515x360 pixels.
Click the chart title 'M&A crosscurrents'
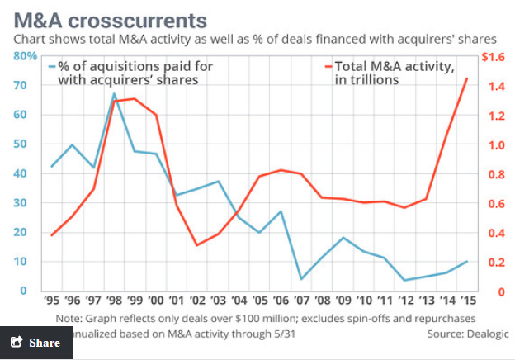pyautogui.click(x=111, y=21)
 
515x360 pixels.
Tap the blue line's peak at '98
pyautogui.click(x=114, y=93)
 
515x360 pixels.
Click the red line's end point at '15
pyautogui.click(x=467, y=78)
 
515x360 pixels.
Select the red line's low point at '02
pyautogui.click(x=197, y=245)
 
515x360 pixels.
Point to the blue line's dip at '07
pyautogui.click(x=301, y=279)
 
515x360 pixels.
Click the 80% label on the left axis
pyautogui.click(x=25, y=56)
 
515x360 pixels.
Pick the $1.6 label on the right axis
pyautogui.click(x=493, y=57)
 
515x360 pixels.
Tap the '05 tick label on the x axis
pyautogui.click(x=260, y=301)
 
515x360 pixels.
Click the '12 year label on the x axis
pyautogui.click(x=406, y=301)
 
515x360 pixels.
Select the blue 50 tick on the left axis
pyautogui.click(x=20, y=144)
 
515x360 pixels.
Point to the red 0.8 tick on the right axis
pyautogui.click(x=496, y=174)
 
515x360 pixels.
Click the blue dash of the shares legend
pyautogui.click(x=52, y=67)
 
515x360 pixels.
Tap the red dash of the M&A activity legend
pyautogui.click(x=328, y=67)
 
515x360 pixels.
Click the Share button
pyautogui.click(x=36, y=343)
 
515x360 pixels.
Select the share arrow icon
pyautogui.click(x=17, y=342)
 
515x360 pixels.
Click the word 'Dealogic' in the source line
pyautogui.click(x=488, y=334)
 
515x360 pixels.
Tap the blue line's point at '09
pyautogui.click(x=343, y=238)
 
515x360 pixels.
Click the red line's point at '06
pyautogui.click(x=281, y=170)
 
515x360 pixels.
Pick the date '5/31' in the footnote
pyautogui.click(x=284, y=334)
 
